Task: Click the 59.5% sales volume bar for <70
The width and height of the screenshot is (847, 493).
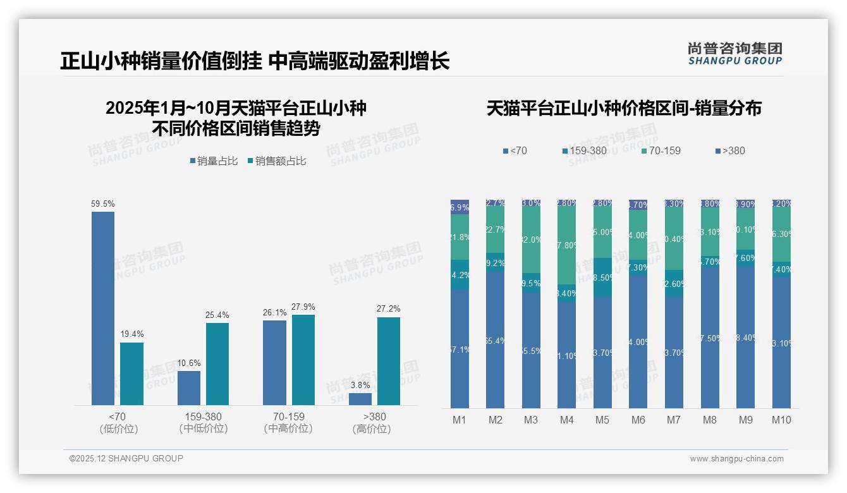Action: (x=103, y=308)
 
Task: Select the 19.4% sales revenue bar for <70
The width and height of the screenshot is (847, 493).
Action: (x=131, y=374)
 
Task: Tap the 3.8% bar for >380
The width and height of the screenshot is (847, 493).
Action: (x=360, y=399)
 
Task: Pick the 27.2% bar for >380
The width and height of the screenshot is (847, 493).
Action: (x=389, y=361)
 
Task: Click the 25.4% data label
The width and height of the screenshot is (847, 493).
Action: (x=217, y=315)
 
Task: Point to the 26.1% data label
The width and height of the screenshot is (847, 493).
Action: (x=274, y=312)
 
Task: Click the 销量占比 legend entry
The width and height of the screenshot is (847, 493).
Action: (x=214, y=161)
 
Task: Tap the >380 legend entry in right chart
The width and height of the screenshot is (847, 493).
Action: (x=729, y=150)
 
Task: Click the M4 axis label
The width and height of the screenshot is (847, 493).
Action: (x=566, y=420)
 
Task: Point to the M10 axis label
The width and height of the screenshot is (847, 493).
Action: (x=781, y=420)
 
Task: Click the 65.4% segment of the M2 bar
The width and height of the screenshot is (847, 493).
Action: (x=495, y=340)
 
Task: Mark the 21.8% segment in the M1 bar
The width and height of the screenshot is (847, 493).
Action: (x=460, y=237)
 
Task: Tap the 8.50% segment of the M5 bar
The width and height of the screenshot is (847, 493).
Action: (x=602, y=277)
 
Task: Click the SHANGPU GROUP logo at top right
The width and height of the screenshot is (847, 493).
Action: (x=734, y=54)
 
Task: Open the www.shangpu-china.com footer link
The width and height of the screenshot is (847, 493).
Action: (x=736, y=459)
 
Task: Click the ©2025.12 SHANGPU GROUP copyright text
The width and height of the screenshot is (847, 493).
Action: (x=126, y=459)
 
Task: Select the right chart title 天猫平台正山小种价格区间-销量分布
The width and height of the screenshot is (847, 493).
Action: (x=624, y=108)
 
